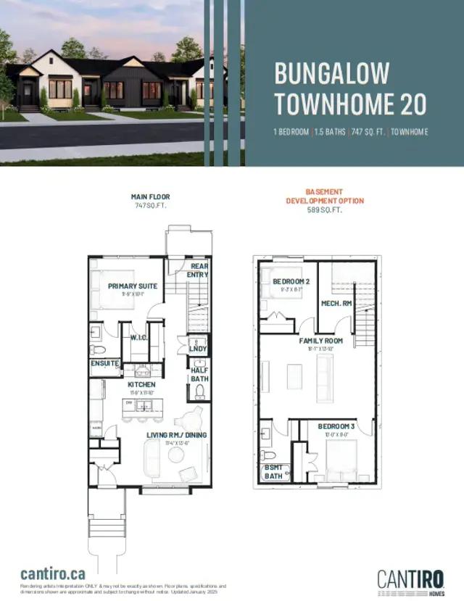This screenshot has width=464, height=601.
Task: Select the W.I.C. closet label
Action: [140, 338]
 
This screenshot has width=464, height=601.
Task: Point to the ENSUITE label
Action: [104, 362]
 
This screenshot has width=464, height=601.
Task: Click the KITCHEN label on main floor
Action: [142, 384]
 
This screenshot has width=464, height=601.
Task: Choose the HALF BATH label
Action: [199, 375]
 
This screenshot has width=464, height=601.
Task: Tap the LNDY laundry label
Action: [198, 349]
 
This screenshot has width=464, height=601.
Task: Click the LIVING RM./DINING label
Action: [177, 435]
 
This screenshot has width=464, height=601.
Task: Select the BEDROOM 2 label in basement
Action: [291, 281]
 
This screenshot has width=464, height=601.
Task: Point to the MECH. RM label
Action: [336, 303]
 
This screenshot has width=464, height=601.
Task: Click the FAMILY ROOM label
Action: [321, 340]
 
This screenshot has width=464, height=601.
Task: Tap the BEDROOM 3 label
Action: [336, 426]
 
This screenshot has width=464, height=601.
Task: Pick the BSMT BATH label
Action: [273, 472]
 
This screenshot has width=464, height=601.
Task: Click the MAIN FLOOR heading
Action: [150, 196]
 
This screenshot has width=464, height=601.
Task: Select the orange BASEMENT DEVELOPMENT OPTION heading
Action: [325, 196]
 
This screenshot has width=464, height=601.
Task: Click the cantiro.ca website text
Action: [53, 573]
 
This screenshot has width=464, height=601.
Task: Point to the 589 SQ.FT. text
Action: [325, 210]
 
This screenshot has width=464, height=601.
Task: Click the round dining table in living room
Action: [175, 455]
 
